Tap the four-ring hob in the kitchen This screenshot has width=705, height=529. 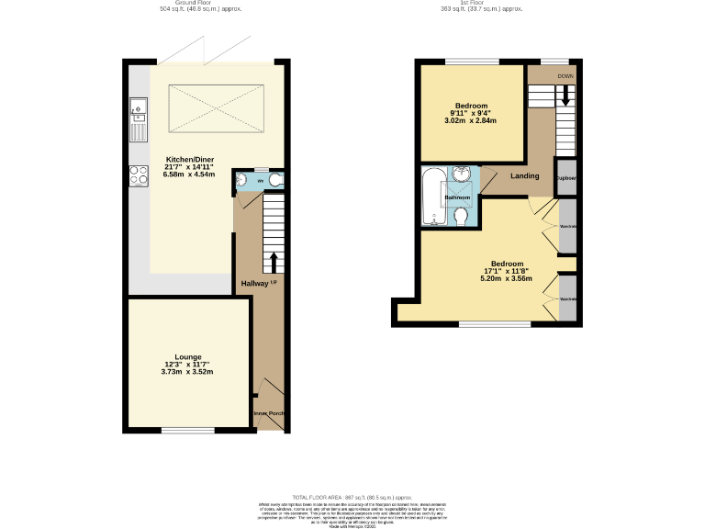(139, 174)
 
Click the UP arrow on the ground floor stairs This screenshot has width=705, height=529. (273, 263)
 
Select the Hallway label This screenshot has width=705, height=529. (254, 284)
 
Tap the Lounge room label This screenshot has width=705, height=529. (187, 356)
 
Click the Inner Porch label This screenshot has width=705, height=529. (269, 413)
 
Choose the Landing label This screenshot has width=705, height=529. (525, 175)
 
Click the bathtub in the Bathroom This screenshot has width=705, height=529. (431, 197)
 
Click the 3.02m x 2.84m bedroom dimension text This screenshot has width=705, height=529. (470, 120)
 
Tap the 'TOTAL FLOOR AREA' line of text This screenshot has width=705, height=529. (352, 496)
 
